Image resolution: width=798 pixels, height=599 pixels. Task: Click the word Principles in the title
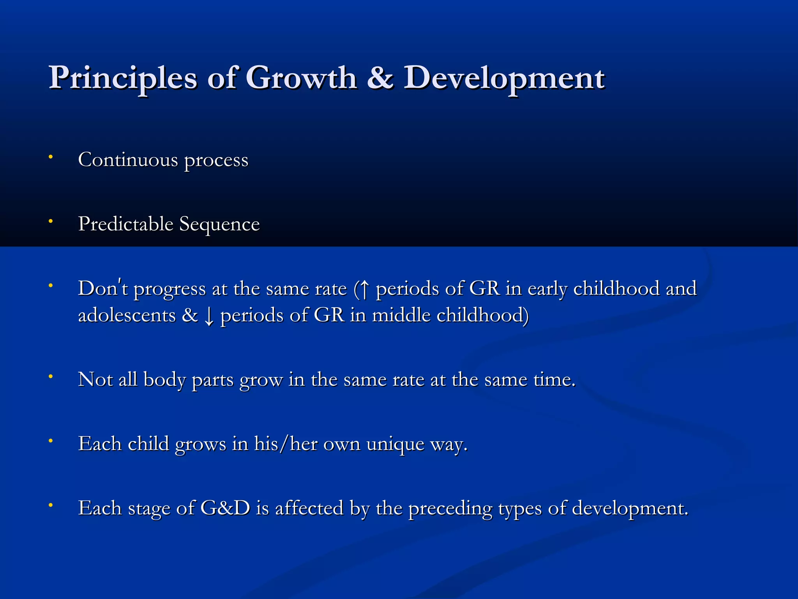click(123, 78)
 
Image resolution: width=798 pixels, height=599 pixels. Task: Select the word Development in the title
click(503, 78)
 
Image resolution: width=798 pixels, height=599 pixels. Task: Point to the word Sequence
click(219, 224)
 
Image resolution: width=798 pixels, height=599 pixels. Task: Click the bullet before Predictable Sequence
click(50, 221)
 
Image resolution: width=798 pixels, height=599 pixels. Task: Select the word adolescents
click(127, 315)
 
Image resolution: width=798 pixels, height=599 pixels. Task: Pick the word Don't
click(103, 289)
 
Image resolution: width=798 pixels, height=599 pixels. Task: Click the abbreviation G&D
click(225, 508)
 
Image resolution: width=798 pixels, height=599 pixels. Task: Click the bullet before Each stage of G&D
click(50, 505)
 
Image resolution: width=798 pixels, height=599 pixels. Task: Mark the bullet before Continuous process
click(50, 157)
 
